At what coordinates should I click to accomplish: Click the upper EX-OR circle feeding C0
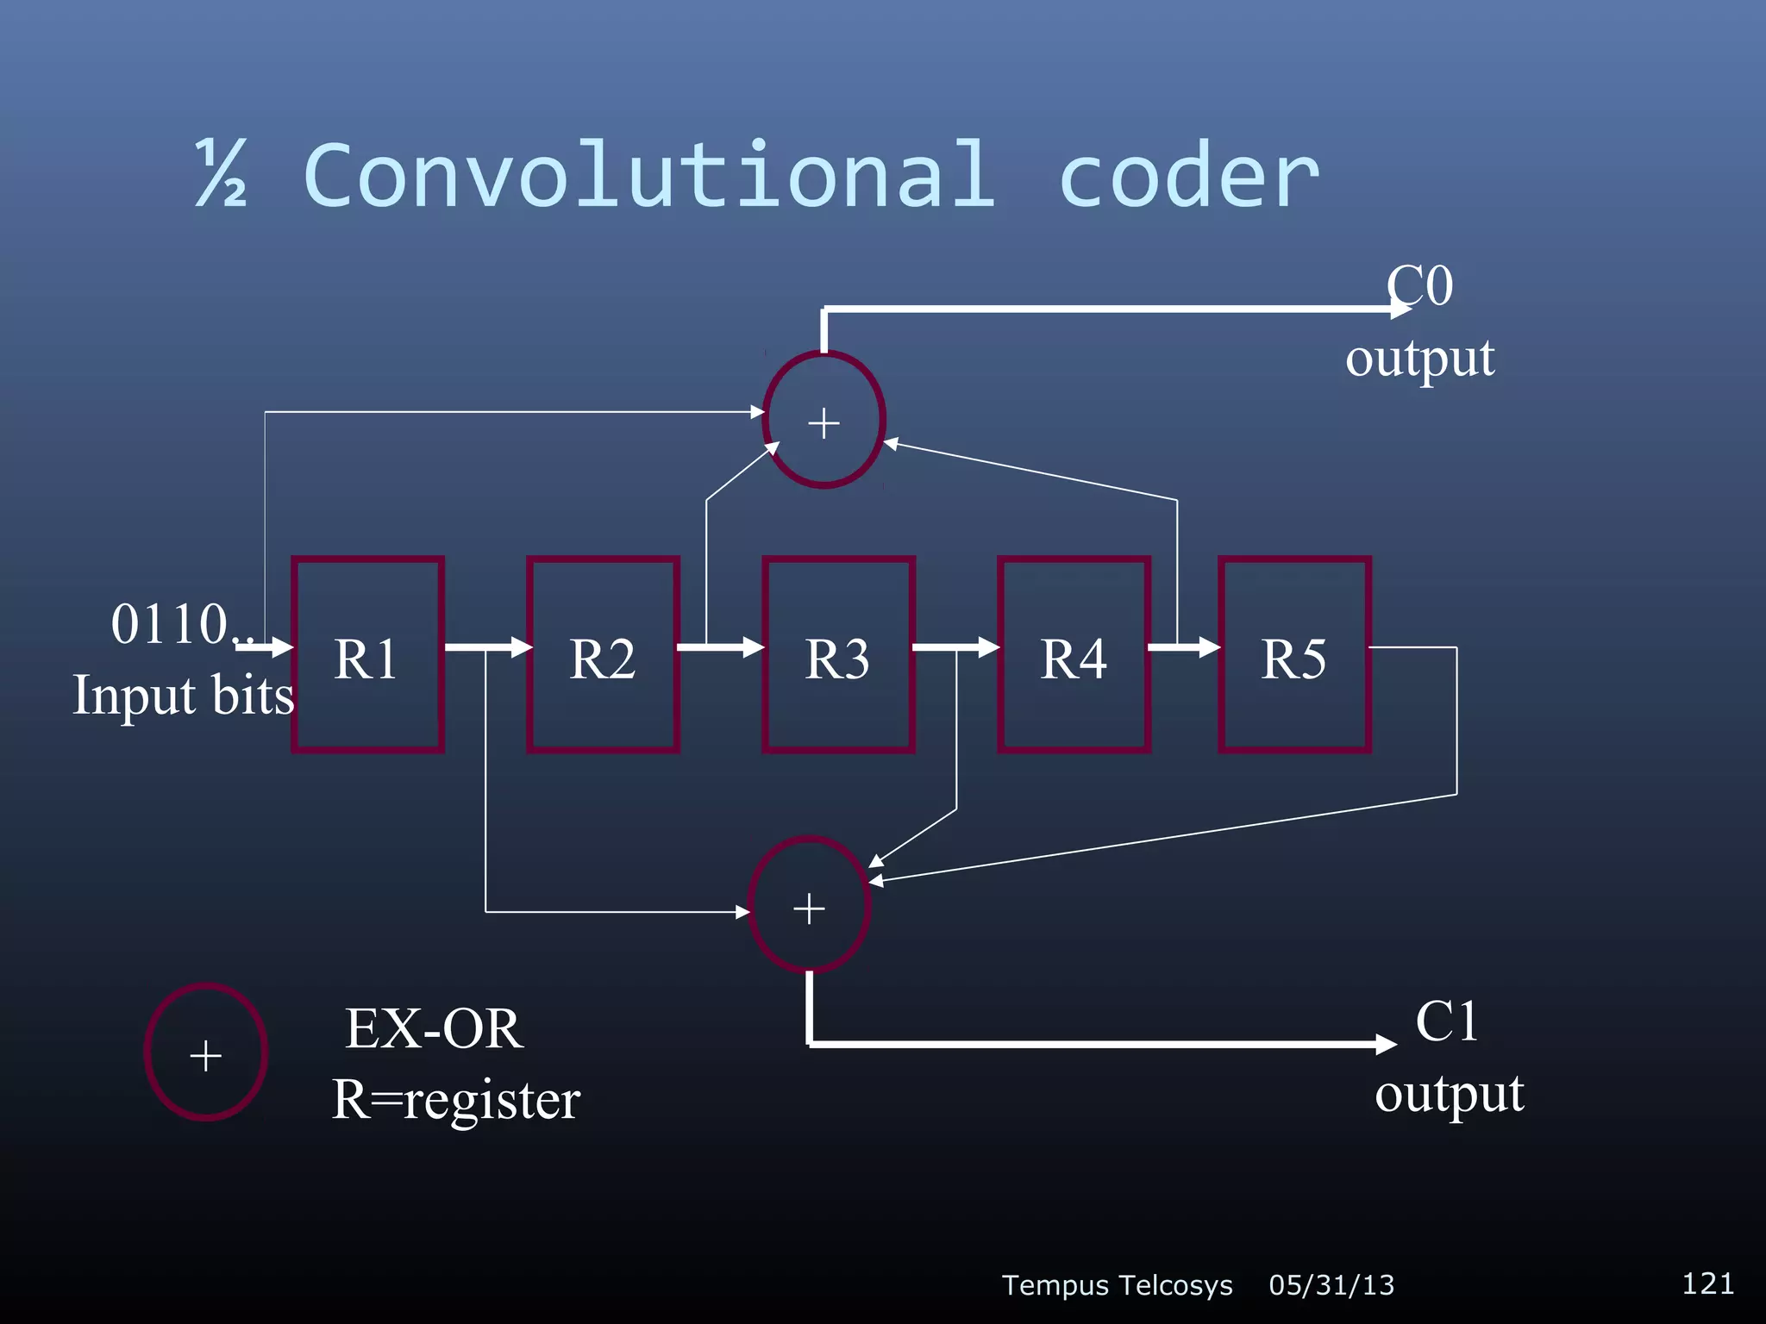[824, 420]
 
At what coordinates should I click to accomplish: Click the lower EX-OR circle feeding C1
[810, 905]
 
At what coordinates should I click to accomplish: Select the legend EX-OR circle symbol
[206, 1052]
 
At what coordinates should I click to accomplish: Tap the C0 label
[1420, 286]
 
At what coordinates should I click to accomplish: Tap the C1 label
[1447, 1022]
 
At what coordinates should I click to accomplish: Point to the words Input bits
[183, 696]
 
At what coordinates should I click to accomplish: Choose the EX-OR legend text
[434, 1028]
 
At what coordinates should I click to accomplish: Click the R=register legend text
[456, 1100]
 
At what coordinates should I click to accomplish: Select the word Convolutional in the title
[649, 176]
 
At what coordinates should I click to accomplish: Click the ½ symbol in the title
[222, 174]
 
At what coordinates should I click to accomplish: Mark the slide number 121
[1707, 1283]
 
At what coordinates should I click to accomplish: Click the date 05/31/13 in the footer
[1331, 1285]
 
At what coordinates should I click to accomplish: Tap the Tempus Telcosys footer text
[1117, 1285]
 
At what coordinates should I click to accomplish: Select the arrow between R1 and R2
[487, 646]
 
